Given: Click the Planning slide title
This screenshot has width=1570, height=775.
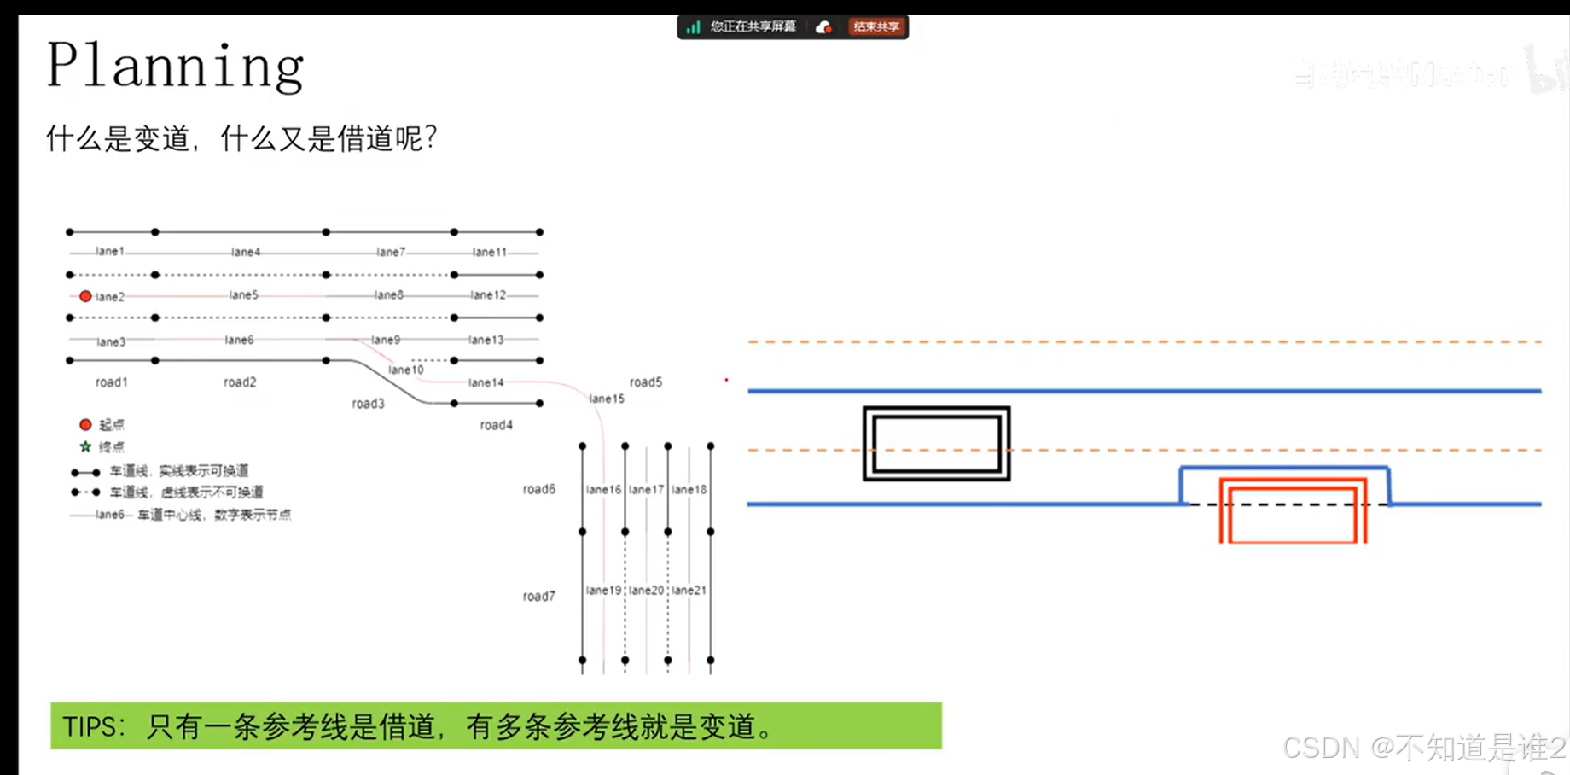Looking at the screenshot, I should tap(175, 65).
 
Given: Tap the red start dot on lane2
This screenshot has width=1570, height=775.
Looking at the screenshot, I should tap(85, 296).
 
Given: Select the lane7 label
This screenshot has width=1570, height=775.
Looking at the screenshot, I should tap(391, 252).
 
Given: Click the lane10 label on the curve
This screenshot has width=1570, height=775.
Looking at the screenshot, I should tap(405, 370).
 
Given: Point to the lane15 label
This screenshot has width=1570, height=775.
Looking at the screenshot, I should tap(607, 399).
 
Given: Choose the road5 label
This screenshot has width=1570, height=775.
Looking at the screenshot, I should tap(646, 382).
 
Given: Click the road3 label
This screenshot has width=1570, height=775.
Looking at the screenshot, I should tap(368, 403).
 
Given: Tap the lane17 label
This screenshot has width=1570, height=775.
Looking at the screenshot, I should tap(646, 489).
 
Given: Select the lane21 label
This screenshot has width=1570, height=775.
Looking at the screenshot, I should tap(689, 590).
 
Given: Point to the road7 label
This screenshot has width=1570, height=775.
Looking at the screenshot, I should tap(538, 596).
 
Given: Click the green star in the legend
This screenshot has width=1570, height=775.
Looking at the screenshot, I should tap(85, 446).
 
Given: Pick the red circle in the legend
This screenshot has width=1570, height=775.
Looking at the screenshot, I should tap(85, 424).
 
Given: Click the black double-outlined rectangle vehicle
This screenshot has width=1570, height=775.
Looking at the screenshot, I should tap(936, 443).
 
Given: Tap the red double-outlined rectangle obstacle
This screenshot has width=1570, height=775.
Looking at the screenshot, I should tap(1293, 510).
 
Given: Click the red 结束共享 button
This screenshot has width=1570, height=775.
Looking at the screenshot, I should tap(876, 26).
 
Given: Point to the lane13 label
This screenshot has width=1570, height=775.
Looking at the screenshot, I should tap(486, 340).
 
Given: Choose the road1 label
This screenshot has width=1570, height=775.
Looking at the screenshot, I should tap(112, 382).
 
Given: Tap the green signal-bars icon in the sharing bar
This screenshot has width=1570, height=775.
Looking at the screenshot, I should tap(693, 27).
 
